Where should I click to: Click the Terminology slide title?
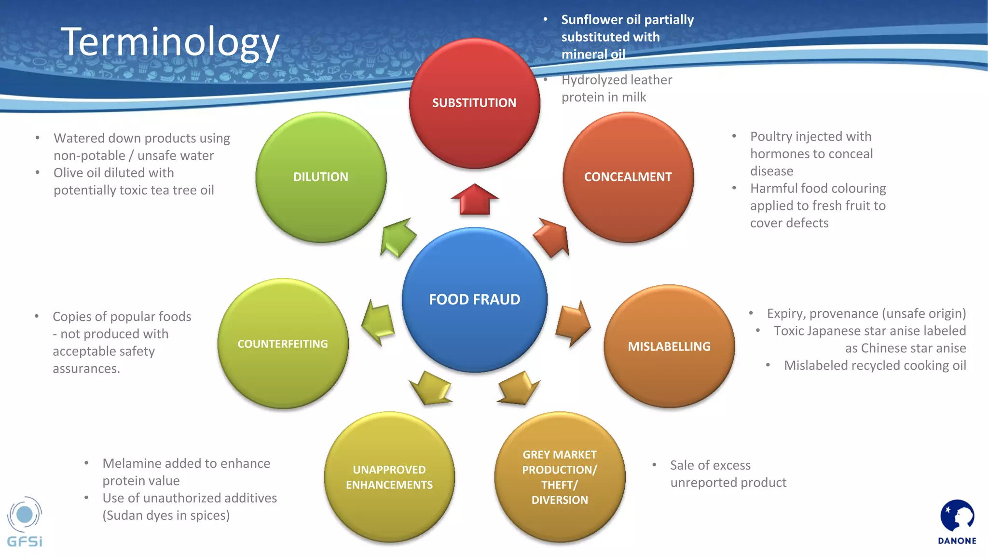(x=170, y=42)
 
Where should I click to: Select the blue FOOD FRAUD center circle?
(x=474, y=300)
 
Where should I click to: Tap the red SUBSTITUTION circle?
(x=474, y=103)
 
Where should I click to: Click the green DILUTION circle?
(x=321, y=177)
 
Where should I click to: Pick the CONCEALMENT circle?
(x=628, y=177)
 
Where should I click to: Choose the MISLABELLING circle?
(x=669, y=347)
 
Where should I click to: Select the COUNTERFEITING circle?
(x=283, y=344)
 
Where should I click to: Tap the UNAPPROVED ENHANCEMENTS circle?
(x=389, y=477)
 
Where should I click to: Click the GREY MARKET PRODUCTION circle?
(x=560, y=477)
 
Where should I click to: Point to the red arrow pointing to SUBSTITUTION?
(x=475, y=199)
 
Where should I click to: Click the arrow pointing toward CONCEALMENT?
(x=553, y=237)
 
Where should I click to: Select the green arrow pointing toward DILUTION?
(x=397, y=237)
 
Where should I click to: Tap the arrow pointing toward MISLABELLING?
(x=573, y=323)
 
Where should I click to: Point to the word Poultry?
(x=771, y=137)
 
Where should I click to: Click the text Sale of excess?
(x=710, y=465)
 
